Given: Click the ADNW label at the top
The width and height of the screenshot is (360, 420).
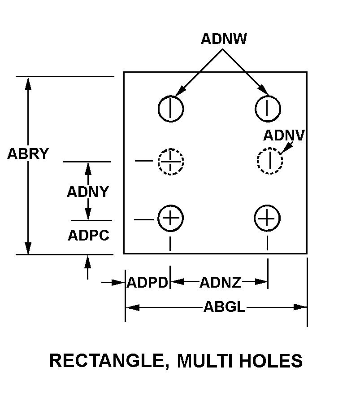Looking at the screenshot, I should pyautogui.click(x=223, y=39).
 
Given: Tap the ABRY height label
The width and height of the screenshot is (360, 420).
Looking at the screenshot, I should pyautogui.click(x=28, y=154).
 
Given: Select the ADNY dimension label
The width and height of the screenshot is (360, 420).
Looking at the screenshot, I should pyautogui.click(x=88, y=192).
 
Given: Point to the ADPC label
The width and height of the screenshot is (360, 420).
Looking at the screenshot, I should pyautogui.click(x=88, y=235).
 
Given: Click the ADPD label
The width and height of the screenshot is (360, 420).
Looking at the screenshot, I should pyautogui.click(x=147, y=283).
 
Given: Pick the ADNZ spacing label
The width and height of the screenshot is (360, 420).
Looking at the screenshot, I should pyautogui.click(x=220, y=283).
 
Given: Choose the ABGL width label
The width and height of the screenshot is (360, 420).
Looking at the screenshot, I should pyautogui.click(x=224, y=307).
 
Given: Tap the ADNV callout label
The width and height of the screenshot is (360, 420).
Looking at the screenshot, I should pyautogui.click(x=284, y=135).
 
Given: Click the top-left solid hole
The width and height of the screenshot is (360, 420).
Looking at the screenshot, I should pyautogui.click(x=171, y=108).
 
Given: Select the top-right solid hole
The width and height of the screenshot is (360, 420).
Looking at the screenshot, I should pyautogui.click(x=268, y=108).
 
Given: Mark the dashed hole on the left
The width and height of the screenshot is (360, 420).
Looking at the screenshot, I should pyautogui.click(x=170, y=161).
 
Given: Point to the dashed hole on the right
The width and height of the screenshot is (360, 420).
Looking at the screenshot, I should pyautogui.click(x=269, y=161).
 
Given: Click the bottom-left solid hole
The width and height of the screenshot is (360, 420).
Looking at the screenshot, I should pyautogui.click(x=170, y=219).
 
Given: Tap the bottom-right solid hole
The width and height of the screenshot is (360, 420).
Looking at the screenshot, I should pyautogui.click(x=267, y=219).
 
